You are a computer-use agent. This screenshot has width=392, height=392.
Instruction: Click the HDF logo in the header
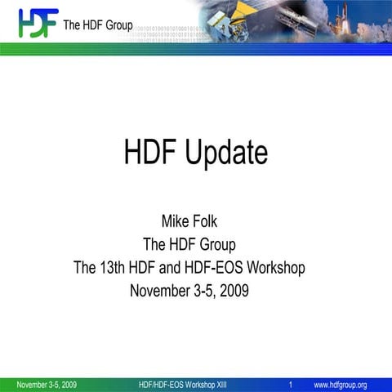click(38, 23)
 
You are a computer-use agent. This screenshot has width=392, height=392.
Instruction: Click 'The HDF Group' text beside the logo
click(98, 24)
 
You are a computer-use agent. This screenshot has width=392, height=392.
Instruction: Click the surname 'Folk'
click(213, 220)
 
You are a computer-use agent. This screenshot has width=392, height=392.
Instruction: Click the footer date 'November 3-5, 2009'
click(47, 385)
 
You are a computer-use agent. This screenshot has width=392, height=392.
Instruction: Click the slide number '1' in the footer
click(291, 385)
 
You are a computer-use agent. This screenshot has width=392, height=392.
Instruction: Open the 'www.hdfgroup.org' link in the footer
click(341, 385)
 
